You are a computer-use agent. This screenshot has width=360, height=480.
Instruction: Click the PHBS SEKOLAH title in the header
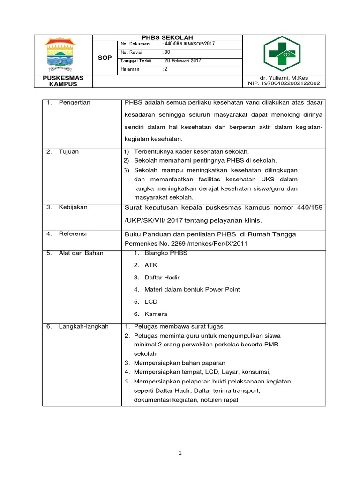tap(167, 37)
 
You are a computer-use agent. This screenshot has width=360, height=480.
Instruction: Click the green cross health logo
tap(284, 54)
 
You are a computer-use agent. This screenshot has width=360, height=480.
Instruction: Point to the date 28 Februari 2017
tap(183, 61)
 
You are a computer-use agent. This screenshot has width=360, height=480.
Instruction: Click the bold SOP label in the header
tap(105, 58)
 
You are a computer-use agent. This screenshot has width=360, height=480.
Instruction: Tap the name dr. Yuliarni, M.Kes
tap(284, 78)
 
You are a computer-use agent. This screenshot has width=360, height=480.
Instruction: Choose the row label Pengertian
tap(75, 102)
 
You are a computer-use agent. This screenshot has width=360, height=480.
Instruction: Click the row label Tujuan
tap(69, 152)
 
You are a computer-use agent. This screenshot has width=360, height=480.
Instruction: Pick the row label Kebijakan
tap(73, 207)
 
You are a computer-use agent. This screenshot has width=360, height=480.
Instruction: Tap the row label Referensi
tap(73, 233)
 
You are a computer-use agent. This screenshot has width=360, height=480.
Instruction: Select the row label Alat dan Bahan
tap(81, 253)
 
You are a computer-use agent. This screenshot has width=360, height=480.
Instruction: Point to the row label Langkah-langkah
tap(83, 326)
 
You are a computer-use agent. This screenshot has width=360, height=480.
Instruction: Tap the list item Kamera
tap(156, 314)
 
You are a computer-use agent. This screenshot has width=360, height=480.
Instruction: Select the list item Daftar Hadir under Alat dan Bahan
tap(162, 277)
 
